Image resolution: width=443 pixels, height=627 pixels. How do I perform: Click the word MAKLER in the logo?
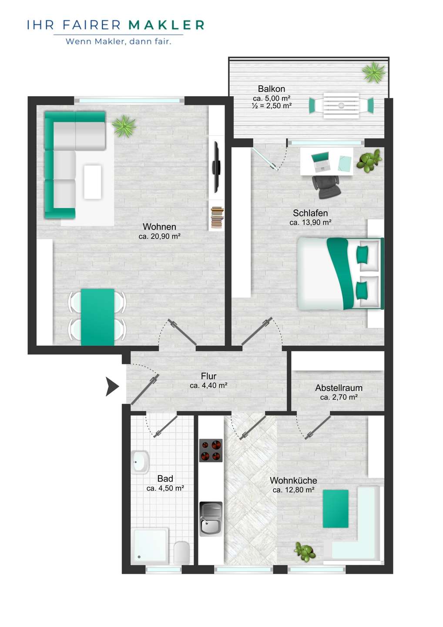(x=166, y=25)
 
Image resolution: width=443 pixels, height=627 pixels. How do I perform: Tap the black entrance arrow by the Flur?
(x=112, y=386)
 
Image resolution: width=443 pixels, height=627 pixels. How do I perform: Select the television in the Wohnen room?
(x=217, y=167)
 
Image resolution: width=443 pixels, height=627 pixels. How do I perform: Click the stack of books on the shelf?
(x=217, y=217)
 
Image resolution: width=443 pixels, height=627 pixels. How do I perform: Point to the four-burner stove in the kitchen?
(x=211, y=450)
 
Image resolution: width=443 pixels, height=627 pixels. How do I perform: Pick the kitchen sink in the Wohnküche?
(x=211, y=519)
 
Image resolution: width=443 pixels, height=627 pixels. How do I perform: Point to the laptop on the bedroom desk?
(x=321, y=162)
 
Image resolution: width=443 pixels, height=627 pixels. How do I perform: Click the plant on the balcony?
(x=374, y=72)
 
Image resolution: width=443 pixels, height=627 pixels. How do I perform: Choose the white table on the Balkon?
(x=341, y=105)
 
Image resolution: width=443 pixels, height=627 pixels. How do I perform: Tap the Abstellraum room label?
(x=339, y=388)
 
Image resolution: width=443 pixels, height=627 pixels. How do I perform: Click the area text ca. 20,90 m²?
(x=159, y=236)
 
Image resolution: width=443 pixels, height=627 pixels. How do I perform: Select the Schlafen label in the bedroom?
(x=310, y=213)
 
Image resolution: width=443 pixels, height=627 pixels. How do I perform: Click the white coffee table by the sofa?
(x=93, y=182)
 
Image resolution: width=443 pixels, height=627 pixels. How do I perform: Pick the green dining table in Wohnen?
(x=97, y=317)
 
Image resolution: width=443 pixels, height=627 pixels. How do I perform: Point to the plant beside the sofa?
(x=124, y=126)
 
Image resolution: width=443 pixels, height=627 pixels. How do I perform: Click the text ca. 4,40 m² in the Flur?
(x=208, y=385)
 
